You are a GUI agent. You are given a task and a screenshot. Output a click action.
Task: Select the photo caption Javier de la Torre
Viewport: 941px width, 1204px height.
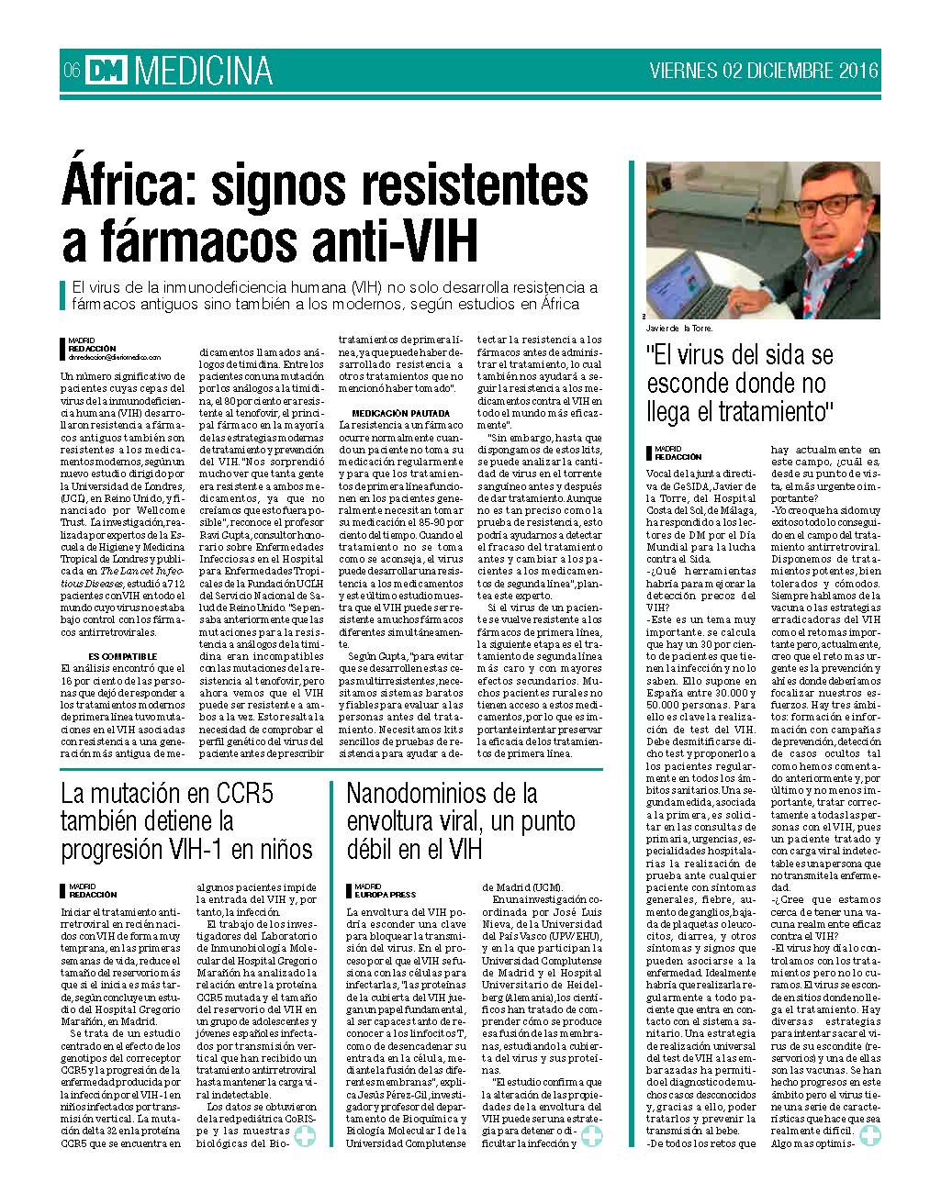[679, 328]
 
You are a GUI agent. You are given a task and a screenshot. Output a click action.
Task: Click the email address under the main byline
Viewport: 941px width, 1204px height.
[114, 357]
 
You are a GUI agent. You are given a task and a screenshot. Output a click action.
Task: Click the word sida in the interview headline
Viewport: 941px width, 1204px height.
[779, 354]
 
